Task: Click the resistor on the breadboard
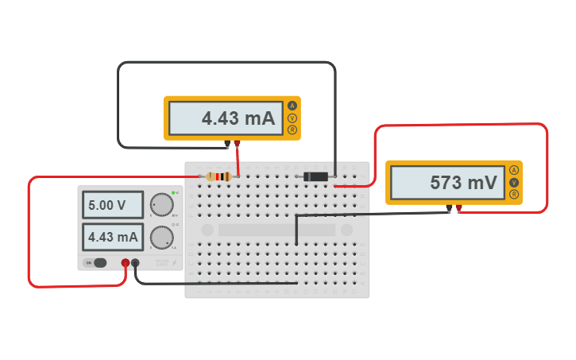coord(218,176)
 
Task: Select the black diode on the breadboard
coord(314,176)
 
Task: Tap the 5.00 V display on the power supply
coord(112,205)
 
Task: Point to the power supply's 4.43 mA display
coord(112,237)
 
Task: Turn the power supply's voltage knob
coord(162,205)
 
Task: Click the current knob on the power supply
coord(162,237)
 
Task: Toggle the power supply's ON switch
coord(99,262)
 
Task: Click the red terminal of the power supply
coord(126,263)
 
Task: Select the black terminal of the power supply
coord(136,263)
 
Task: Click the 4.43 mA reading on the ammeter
coord(226,118)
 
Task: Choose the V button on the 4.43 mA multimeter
coord(292,118)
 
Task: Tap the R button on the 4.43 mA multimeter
coord(292,130)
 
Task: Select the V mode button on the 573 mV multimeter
coord(514,182)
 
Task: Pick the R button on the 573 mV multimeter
coord(514,194)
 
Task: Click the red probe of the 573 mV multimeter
coord(458,209)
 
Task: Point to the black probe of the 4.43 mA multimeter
coord(227,145)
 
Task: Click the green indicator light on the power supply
coord(173,192)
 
